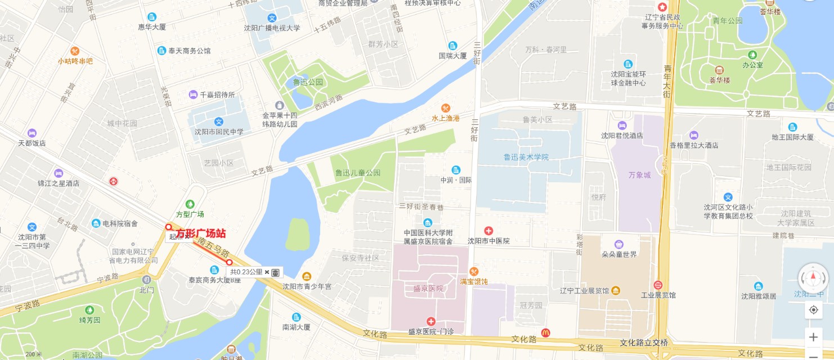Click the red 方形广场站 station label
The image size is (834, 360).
201,233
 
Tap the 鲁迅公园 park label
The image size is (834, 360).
308,82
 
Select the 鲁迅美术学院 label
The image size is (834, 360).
526,157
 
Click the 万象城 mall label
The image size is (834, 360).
639,175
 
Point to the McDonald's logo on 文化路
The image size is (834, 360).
545,333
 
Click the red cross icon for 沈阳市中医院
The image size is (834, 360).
488,231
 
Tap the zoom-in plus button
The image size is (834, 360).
813,337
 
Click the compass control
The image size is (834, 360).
813,278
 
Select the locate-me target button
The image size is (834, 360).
813,310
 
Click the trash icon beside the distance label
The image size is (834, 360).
276,272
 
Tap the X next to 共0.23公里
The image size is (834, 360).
267,272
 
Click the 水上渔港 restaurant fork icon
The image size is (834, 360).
446,108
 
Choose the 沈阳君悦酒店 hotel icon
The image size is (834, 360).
622,125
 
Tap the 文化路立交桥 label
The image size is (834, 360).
644,343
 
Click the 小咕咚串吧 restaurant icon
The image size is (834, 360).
75,51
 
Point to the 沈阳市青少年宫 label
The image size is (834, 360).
307,286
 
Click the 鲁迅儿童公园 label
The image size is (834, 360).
357,173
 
